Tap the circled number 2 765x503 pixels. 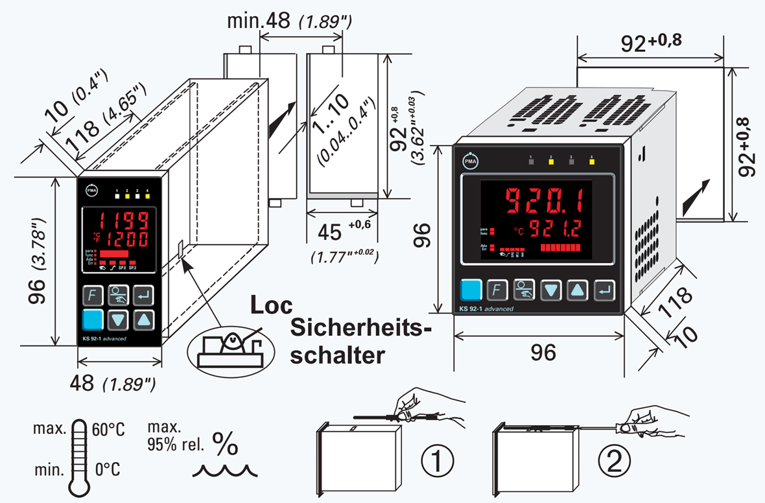tap(613, 461)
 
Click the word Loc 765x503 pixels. tap(272, 305)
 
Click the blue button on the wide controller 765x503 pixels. tap(471, 289)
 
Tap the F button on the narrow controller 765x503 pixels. tap(93, 296)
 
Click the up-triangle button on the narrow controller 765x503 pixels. tap(145, 319)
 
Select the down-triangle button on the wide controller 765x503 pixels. tap(551, 290)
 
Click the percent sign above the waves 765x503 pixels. tap(226, 444)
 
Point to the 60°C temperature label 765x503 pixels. tap(108, 428)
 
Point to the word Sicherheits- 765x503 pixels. tap(360, 329)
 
